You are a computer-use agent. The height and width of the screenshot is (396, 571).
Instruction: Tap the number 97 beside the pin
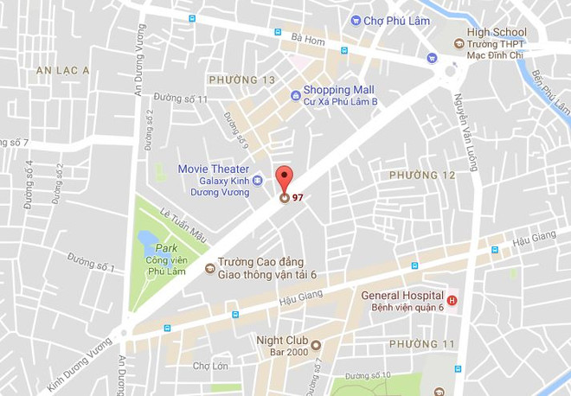pos(298,197)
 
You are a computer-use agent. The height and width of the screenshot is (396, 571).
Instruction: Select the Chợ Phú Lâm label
pos(389,20)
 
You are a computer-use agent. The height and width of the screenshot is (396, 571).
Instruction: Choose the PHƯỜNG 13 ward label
pos(241,80)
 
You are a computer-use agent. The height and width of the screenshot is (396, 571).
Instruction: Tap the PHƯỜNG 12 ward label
pos(422,176)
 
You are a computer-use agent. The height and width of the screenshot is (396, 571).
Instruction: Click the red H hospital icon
pos(451,301)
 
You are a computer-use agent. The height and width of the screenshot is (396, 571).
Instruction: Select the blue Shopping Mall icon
pos(295,95)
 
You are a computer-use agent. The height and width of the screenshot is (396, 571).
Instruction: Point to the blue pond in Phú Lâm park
pos(147,238)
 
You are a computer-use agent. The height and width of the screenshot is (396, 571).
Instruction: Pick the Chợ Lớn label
pos(210,366)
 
